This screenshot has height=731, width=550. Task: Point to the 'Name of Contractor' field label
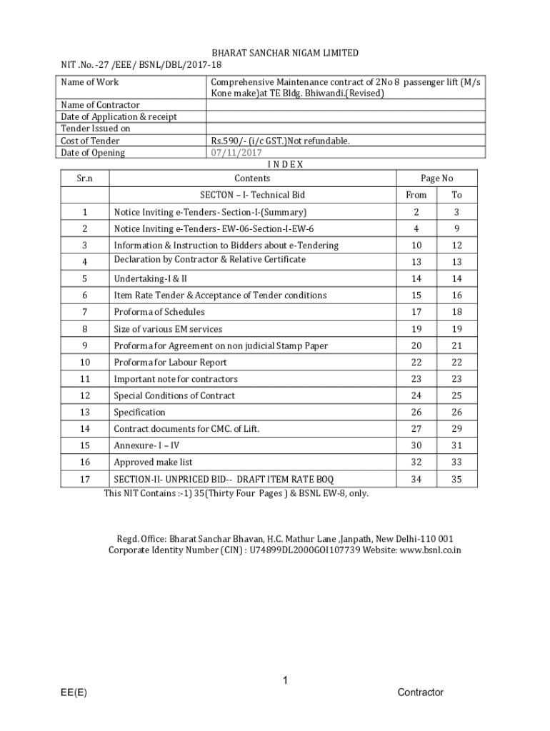100,105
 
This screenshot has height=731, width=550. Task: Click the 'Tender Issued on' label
96,128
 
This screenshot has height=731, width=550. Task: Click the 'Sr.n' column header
84,178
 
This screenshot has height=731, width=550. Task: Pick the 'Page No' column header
436,178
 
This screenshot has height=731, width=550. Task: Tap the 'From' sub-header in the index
416,195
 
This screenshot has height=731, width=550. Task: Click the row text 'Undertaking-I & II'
150,278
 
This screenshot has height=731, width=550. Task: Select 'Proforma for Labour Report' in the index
170,362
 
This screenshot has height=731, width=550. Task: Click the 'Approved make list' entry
153,462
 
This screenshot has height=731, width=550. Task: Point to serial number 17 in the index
84,479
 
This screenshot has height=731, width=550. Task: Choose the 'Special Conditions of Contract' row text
174,395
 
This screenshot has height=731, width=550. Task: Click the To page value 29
456,429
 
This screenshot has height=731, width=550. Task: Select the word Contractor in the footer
420,692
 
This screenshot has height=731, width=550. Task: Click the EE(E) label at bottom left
74,692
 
